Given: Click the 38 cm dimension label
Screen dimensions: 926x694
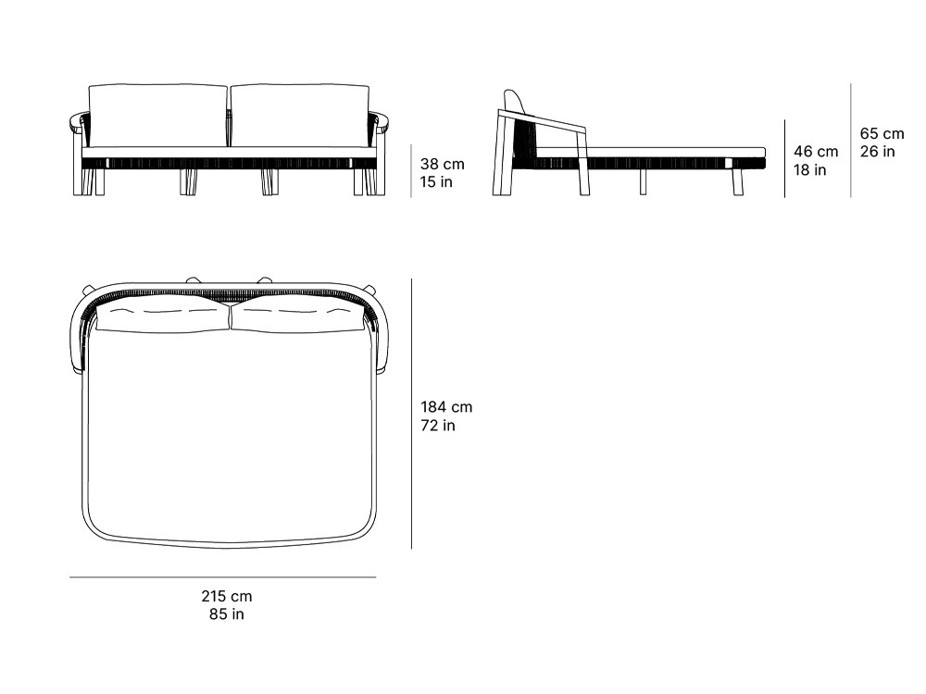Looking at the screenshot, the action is pyautogui.click(x=443, y=164).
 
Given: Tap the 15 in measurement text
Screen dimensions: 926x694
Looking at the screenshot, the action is pyautogui.click(x=436, y=182).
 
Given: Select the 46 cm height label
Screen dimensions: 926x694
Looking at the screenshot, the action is pyautogui.click(x=816, y=152).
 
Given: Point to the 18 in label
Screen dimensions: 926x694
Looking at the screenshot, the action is pyautogui.click(x=809, y=170).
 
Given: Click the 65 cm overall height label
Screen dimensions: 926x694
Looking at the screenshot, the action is pyautogui.click(x=882, y=133).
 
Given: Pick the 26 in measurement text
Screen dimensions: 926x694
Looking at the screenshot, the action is pyautogui.click(x=877, y=152).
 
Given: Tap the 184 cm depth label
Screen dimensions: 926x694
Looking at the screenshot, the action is pyautogui.click(x=446, y=407).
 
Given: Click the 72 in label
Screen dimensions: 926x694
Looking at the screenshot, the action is pyautogui.click(x=438, y=426).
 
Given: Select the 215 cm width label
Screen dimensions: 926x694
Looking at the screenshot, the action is pyautogui.click(x=227, y=596).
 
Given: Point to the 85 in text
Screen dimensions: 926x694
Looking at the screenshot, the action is pyautogui.click(x=227, y=614).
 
